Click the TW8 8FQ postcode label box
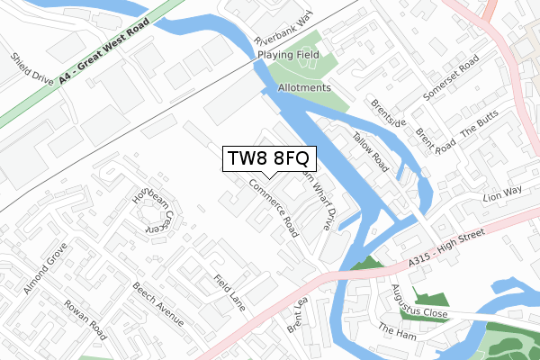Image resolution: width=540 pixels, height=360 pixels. coord(269,159)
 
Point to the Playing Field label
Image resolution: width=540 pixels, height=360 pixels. coord(288,55)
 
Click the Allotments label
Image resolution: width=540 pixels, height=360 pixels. coord(305,88)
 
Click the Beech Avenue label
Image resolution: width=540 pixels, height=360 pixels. coord(157,305)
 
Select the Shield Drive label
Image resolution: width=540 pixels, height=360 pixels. coord(30,69)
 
